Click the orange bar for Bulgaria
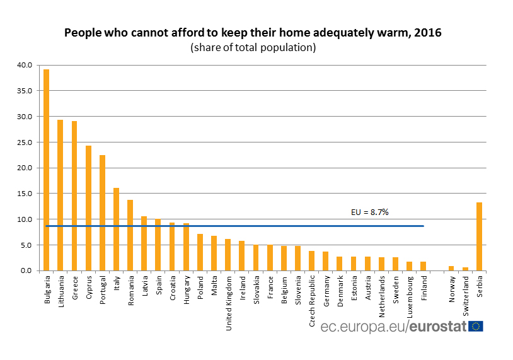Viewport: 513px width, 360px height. coord(47,170)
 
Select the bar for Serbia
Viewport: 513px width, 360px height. coord(480,236)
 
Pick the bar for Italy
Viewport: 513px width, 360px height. coord(116,229)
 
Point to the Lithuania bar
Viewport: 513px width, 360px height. coord(61,195)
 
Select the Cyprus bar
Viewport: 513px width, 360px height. coord(88,208)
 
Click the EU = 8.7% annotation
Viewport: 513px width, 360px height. coord(369,212)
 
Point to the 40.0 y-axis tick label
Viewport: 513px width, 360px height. coord(25,65)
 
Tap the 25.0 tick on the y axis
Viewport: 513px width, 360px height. coord(25,142)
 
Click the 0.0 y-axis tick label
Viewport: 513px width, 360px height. coord(26,271)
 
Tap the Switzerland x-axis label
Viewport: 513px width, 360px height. coord(465,293)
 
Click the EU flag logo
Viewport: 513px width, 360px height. coord(476,326)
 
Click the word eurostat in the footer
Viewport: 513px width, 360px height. coord(439,327)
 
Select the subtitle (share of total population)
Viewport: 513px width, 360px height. coord(253,47)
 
